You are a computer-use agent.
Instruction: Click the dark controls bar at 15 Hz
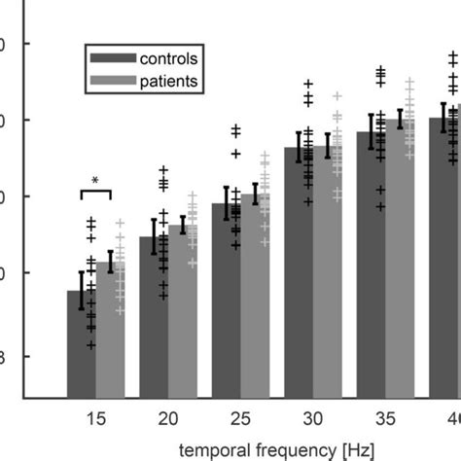click(81, 345)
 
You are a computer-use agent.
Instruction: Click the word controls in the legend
click(168, 59)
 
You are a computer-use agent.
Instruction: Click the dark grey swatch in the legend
click(109, 59)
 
